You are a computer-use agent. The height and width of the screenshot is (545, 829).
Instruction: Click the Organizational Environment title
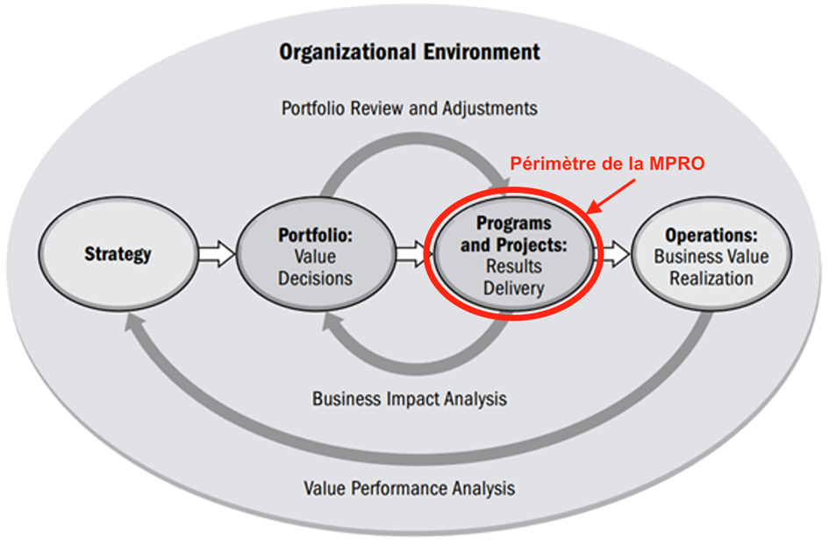pos(410,52)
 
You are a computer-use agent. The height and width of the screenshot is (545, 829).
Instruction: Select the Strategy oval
pos(118,255)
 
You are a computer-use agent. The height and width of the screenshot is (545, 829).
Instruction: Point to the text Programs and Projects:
pos(513,234)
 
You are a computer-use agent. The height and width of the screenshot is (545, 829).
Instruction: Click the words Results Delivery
pos(513,276)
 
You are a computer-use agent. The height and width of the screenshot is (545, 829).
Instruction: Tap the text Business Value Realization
pos(711,267)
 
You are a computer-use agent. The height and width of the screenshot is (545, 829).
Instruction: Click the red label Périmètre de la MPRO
pos(608,164)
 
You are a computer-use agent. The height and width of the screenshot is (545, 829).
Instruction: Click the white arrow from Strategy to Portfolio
pos(216,255)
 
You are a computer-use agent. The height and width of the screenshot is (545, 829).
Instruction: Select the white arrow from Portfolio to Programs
pos(410,255)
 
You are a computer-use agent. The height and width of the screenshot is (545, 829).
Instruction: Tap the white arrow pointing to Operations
pos(613,255)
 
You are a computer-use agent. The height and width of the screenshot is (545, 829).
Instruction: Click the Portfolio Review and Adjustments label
pos(410,109)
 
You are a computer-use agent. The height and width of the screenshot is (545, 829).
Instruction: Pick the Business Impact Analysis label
pos(410,399)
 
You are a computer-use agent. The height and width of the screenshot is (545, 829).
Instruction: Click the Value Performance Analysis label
pos(410,487)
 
